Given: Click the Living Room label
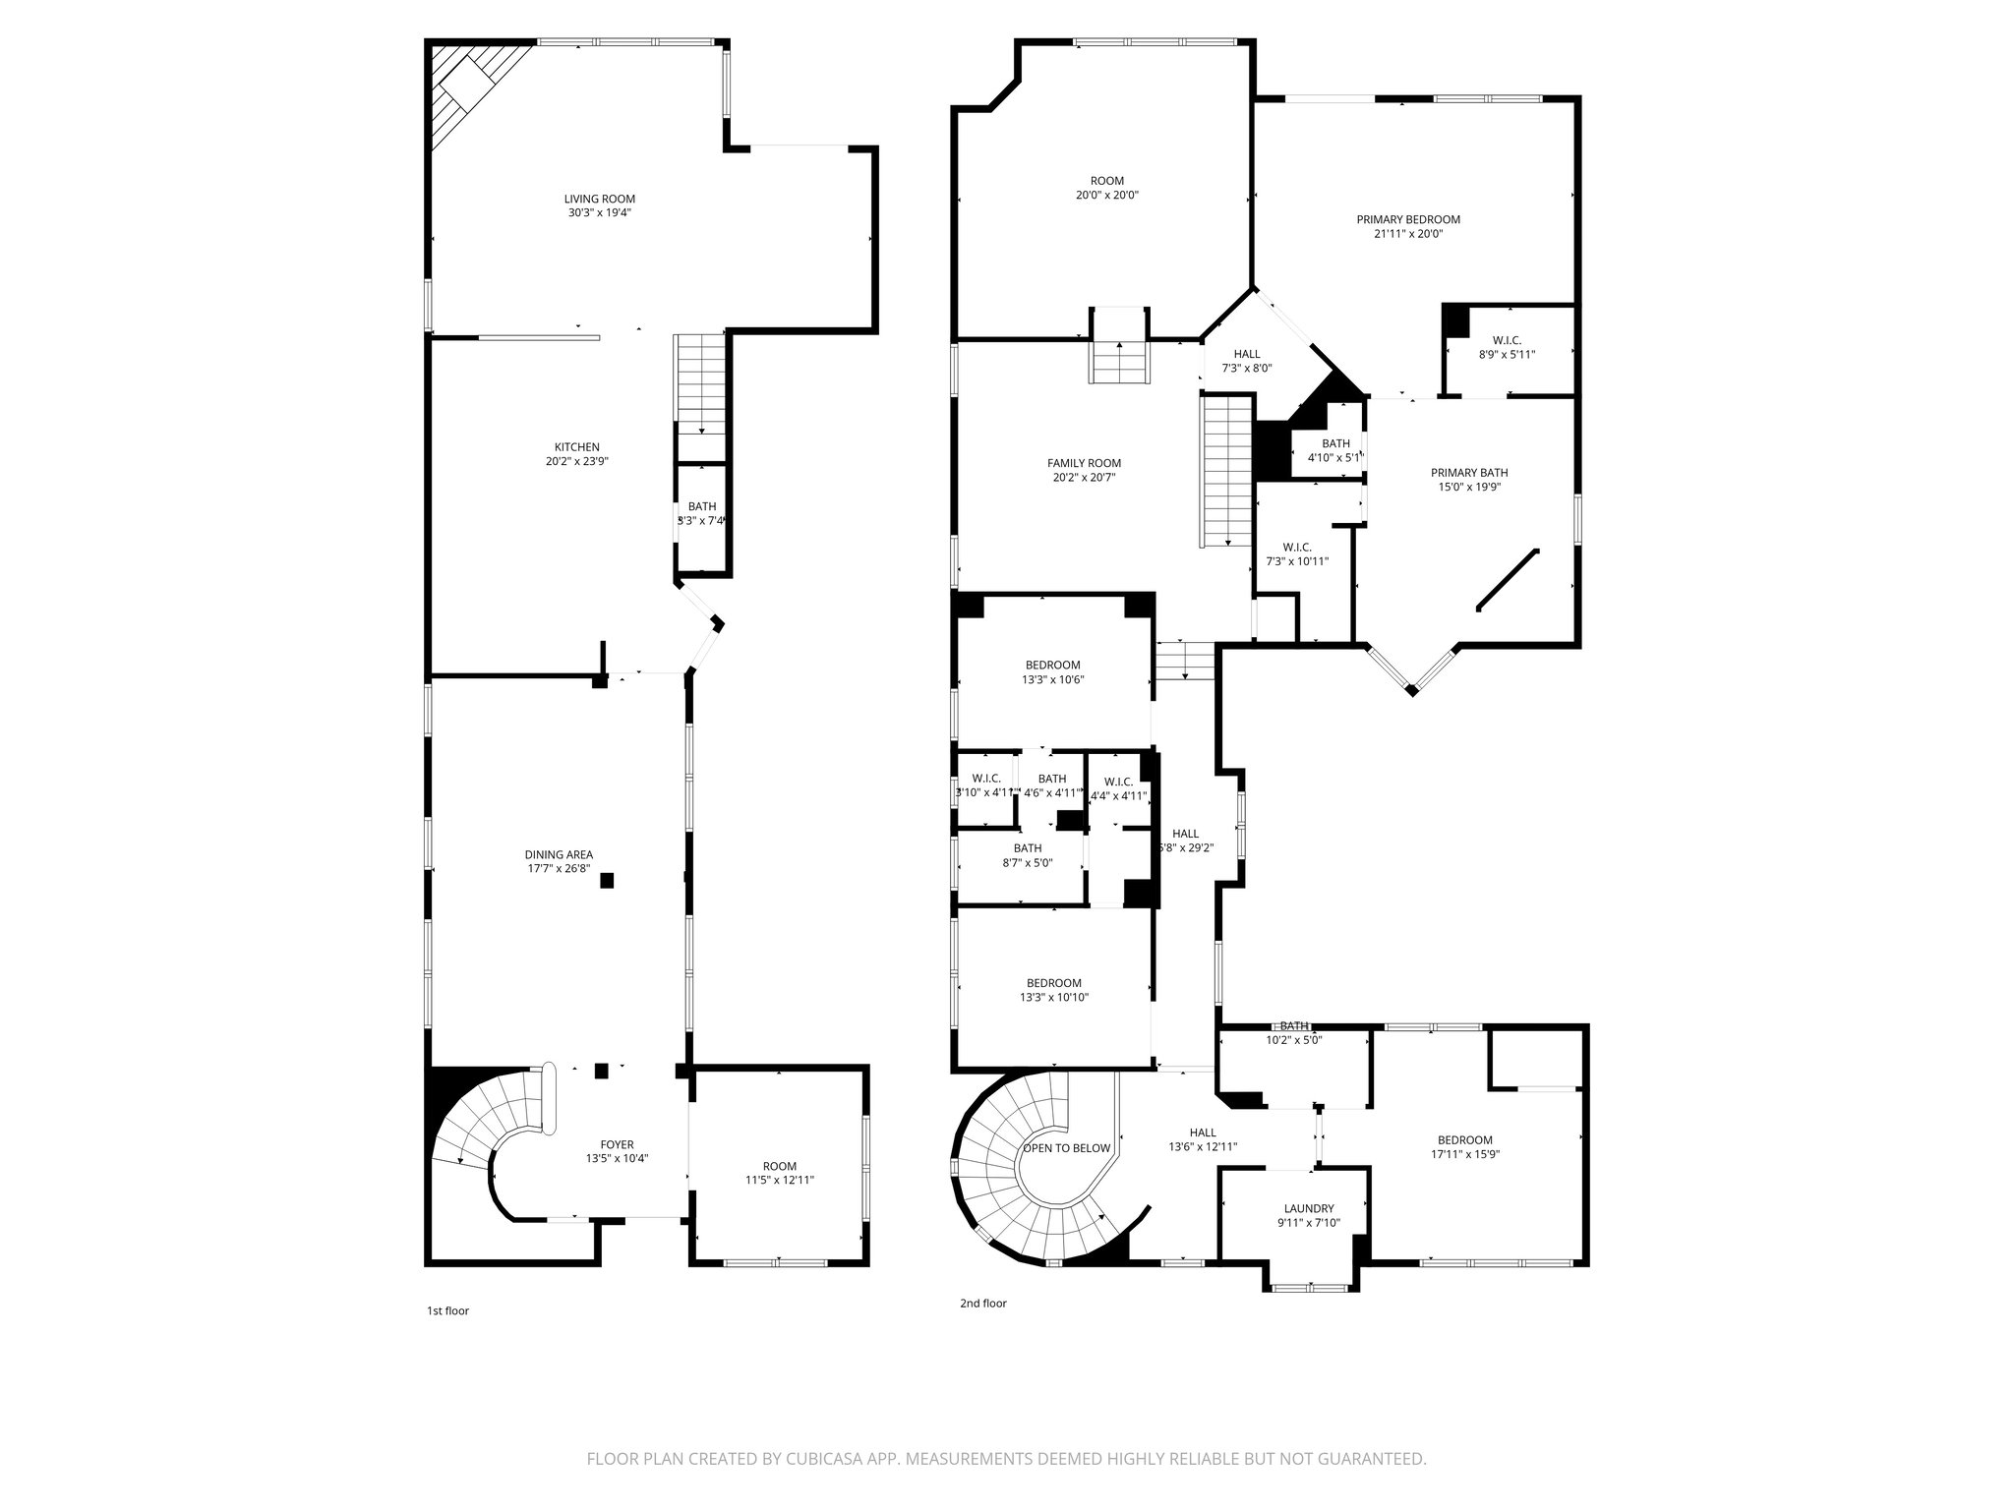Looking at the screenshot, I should coord(599,199).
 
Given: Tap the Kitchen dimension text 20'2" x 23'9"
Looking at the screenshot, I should coord(577,461).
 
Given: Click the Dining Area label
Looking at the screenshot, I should coord(559,854).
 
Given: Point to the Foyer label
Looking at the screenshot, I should coord(617,1144).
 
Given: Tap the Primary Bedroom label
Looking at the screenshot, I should coord(1408,219).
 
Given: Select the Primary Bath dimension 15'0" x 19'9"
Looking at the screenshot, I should coord(1468,487).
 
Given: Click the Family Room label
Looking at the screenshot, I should coord(1084,463).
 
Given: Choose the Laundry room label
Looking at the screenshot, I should coord(1309,1208).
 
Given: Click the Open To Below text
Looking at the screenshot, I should coord(1067,1148).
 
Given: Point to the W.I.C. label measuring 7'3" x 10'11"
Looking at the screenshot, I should coord(1296,548).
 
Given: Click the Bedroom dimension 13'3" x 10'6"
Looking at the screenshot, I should coord(1053,679).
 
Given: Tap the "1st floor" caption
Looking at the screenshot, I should coord(447,1310).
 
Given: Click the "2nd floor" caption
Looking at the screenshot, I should coord(982,1304).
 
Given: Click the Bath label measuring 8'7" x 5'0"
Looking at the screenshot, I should coord(1028,847).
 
